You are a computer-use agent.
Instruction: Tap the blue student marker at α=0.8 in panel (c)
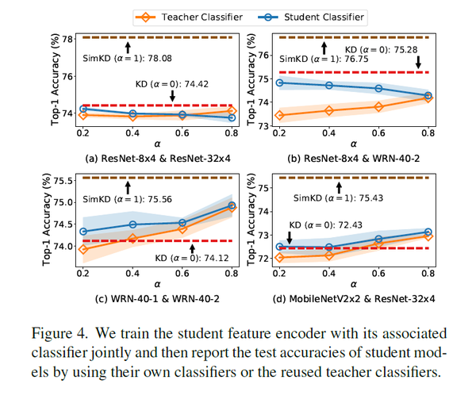tap(232, 205)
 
